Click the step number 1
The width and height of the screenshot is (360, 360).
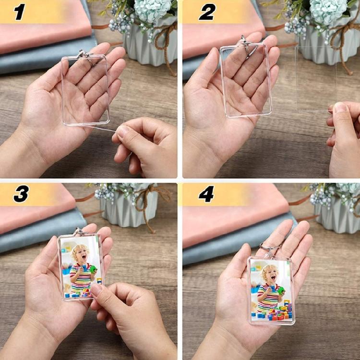(x=19, y=12)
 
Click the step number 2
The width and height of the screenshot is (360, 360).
(x=207, y=12)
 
